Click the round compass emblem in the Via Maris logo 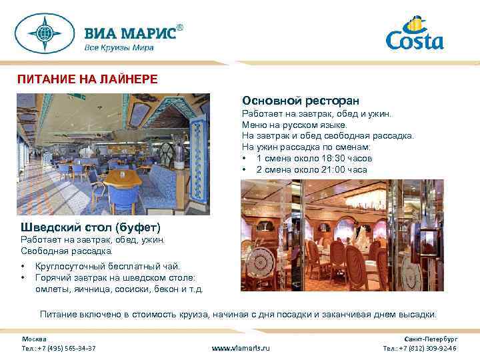point(46,33)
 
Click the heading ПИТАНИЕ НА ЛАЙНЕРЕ point(87,79)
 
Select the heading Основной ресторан point(301,100)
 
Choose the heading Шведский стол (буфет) point(91,227)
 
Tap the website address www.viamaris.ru point(241,348)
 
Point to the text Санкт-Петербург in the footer point(431,339)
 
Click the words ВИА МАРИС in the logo point(129,33)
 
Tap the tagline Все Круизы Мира point(119,48)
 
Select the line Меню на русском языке point(294,125)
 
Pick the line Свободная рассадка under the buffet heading point(67,251)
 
